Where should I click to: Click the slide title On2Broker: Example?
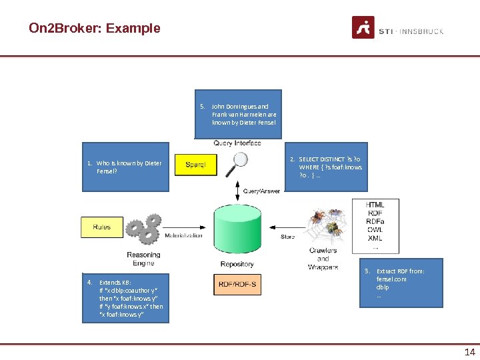(x=95, y=28)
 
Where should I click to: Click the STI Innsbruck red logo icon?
(x=363, y=28)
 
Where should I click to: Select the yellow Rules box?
(x=102, y=227)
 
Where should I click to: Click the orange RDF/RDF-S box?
(x=237, y=285)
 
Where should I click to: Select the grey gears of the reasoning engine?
(x=143, y=229)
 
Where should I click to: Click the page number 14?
(x=469, y=352)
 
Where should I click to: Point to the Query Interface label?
(x=237, y=143)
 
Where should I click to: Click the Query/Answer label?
(x=261, y=191)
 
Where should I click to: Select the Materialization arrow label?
(x=183, y=235)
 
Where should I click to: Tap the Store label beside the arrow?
(x=287, y=236)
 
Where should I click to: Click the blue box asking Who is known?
(x=125, y=167)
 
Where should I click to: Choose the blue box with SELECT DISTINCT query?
(x=326, y=168)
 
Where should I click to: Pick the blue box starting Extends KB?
(x=125, y=298)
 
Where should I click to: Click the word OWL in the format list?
(x=375, y=229)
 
